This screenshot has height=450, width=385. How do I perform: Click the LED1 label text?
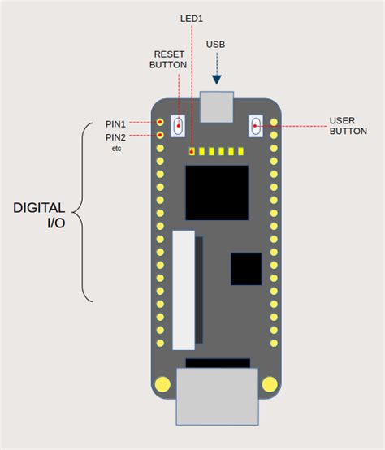click(x=192, y=19)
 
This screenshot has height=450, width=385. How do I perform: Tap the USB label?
click(x=216, y=45)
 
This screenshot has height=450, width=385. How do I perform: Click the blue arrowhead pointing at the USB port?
click(x=217, y=80)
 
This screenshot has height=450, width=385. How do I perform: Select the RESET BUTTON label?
click(x=168, y=59)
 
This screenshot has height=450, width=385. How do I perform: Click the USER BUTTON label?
click(x=348, y=126)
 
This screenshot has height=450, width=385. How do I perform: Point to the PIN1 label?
click(x=115, y=124)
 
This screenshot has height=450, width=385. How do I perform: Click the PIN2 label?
click(x=115, y=137)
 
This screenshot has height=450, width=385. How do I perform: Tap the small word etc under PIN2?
click(x=116, y=149)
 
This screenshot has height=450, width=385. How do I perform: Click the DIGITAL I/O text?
click(x=39, y=215)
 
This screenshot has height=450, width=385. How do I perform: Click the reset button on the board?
click(x=178, y=126)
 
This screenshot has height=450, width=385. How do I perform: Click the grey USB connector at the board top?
click(x=217, y=107)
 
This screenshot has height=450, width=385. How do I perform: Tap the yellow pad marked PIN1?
click(x=160, y=123)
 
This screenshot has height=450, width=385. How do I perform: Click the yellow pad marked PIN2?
click(x=160, y=135)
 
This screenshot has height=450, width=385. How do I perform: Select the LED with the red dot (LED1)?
click(x=192, y=151)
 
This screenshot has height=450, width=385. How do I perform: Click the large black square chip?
click(x=217, y=193)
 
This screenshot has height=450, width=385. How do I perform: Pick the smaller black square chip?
click(x=246, y=269)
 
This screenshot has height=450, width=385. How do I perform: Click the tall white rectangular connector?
click(x=184, y=290)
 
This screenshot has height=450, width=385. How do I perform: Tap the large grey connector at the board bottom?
click(x=217, y=396)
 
